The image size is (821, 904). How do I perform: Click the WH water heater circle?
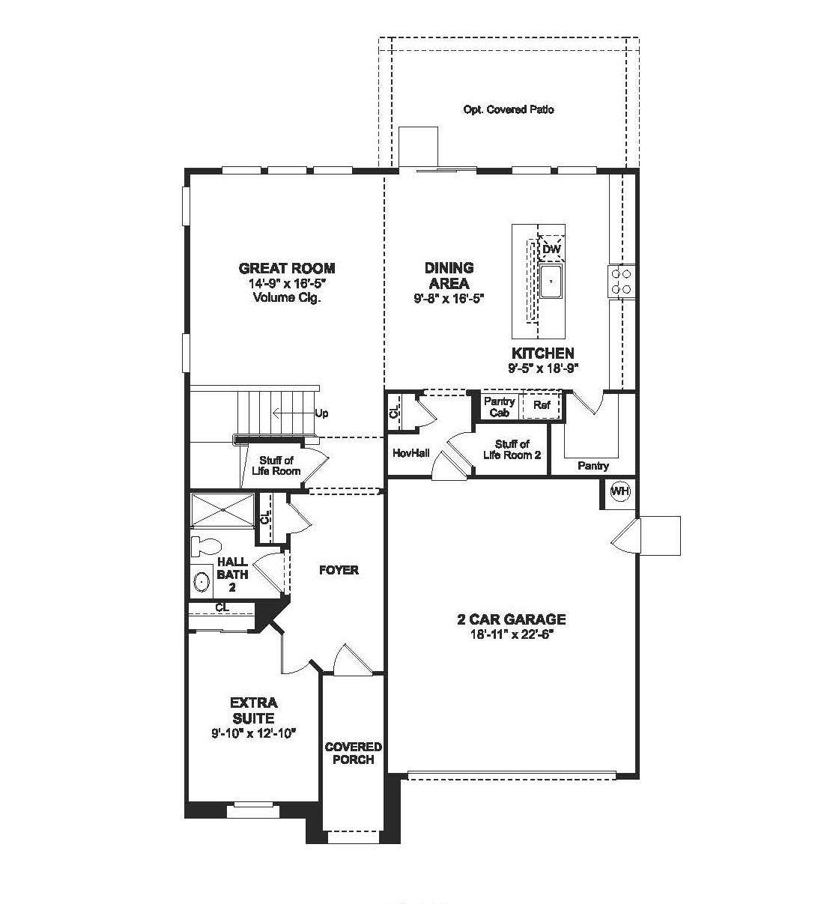pyautogui.click(x=620, y=491)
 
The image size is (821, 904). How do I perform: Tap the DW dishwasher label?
pyautogui.click(x=551, y=249)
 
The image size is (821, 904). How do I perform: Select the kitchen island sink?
pyautogui.click(x=551, y=281)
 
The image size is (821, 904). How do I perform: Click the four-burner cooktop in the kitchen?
pyautogui.click(x=621, y=281)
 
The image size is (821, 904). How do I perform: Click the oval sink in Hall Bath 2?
pyautogui.click(x=202, y=582)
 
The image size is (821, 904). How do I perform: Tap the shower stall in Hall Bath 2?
pyautogui.click(x=222, y=510)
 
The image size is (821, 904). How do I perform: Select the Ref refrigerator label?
pyautogui.click(x=542, y=404)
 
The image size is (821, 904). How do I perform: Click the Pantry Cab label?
pyautogui.click(x=499, y=407)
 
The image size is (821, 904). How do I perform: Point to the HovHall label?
pyautogui.click(x=411, y=453)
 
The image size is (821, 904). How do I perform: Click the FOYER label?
pyautogui.click(x=339, y=570)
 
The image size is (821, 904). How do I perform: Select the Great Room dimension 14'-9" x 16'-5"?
pyautogui.click(x=287, y=283)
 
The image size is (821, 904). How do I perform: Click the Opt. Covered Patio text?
pyautogui.click(x=509, y=109)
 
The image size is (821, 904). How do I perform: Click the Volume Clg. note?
pyautogui.click(x=287, y=297)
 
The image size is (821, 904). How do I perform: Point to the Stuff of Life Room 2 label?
pyautogui.click(x=512, y=449)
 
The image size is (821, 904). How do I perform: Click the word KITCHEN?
pyautogui.click(x=543, y=353)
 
